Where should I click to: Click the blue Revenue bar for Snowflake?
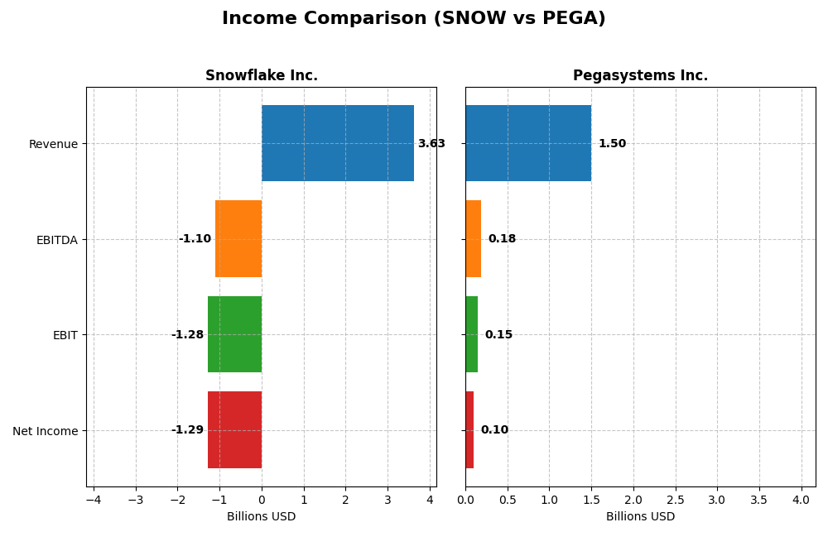[338, 143]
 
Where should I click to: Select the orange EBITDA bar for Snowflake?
[238, 239]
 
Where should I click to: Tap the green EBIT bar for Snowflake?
[234, 334]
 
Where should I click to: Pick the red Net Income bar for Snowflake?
[234, 430]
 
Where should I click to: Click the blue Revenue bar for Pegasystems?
[528, 143]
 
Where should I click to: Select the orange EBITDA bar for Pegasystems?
[473, 239]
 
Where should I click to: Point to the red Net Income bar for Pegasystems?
[469, 430]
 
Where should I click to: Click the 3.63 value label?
[431, 144]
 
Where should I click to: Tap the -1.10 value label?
[195, 239]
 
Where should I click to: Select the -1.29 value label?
[187, 430]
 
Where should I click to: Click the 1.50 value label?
[612, 144]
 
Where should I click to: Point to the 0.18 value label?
[502, 239]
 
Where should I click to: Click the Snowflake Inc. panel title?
[262, 76]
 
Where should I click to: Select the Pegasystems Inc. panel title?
[640, 76]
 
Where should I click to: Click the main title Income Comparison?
[413, 19]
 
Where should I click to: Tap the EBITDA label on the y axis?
[56, 240]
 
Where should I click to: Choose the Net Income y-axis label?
[46, 431]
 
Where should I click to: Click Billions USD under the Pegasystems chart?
[640, 517]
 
